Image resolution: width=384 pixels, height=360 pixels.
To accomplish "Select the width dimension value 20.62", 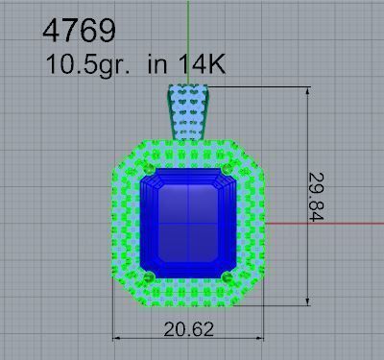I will (x=188, y=329).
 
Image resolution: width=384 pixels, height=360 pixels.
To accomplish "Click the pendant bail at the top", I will (x=189, y=113).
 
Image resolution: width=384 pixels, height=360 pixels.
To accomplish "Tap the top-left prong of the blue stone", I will (x=147, y=171).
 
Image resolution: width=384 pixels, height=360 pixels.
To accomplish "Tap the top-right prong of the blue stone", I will (x=228, y=170).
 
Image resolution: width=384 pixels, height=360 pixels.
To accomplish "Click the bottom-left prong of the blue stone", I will (x=147, y=277).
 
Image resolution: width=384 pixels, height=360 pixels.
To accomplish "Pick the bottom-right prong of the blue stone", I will (x=228, y=277).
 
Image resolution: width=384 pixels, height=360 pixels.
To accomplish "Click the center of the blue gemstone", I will (x=187, y=223).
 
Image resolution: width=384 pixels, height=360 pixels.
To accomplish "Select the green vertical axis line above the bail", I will (x=189, y=38).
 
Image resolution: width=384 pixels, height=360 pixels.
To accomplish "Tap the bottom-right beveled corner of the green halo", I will (x=251, y=294).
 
